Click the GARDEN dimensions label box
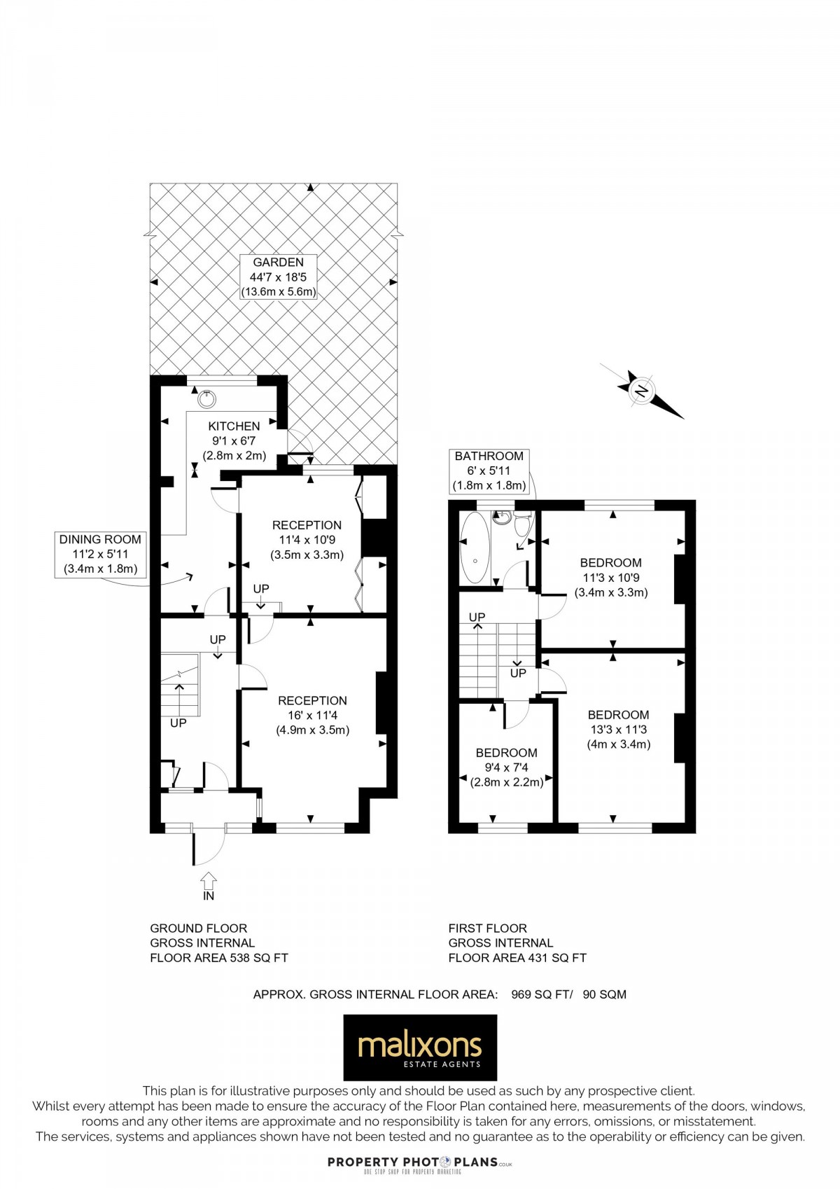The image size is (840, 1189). (x=278, y=277)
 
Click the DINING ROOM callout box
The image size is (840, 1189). (x=99, y=554)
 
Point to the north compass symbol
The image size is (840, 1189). (x=641, y=391)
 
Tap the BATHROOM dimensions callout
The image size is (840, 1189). (x=489, y=471)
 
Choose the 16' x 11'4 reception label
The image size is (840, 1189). (x=312, y=715)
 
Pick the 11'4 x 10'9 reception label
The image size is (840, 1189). (x=307, y=540)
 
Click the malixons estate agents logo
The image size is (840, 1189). (x=419, y=1048)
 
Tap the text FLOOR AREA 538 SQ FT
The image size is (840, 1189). (x=219, y=958)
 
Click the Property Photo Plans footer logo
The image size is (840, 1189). (x=420, y=1163)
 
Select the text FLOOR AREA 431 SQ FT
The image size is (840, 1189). (x=517, y=958)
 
